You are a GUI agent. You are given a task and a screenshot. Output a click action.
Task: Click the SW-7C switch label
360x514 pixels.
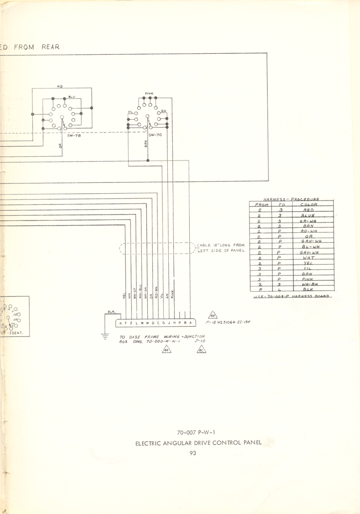(155, 134)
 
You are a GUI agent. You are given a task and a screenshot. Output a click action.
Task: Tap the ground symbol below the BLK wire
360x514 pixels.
(105, 336)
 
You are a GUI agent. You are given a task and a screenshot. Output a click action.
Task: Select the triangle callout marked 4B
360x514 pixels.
(212, 315)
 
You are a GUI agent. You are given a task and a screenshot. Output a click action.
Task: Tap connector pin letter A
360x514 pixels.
(190, 323)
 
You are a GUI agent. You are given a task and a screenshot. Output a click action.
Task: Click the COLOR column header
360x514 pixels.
(309, 204)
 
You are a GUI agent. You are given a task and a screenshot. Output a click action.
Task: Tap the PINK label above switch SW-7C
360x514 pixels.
(149, 93)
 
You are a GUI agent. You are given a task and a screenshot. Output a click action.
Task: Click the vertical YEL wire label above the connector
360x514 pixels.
(124, 295)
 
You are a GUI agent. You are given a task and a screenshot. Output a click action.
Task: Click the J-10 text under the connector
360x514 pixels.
(200, 342)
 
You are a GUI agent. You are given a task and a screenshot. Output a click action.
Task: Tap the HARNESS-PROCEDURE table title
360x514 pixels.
(292, 199)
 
